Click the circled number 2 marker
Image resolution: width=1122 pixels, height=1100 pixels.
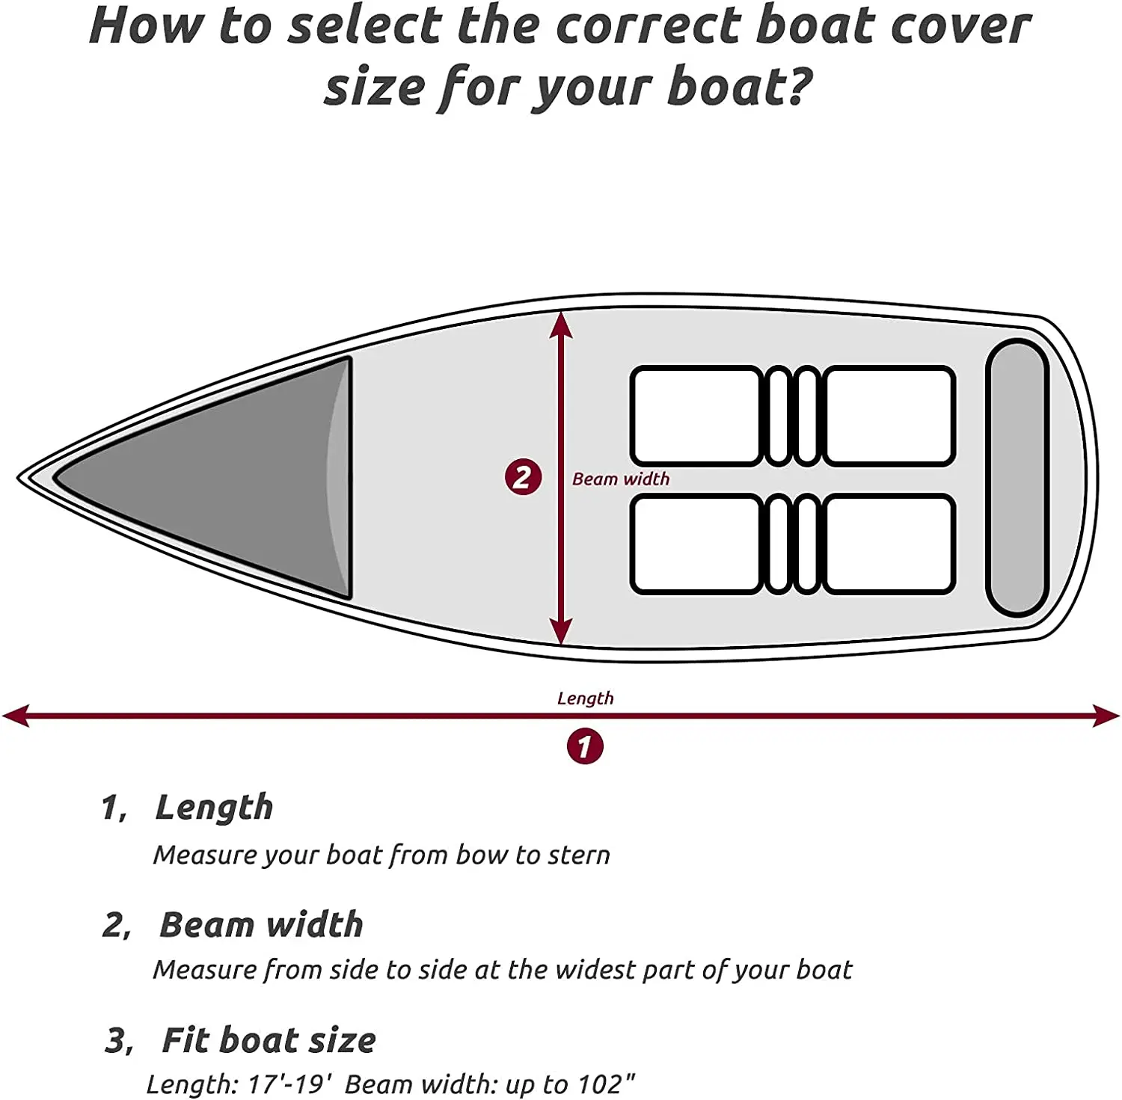point(523,477)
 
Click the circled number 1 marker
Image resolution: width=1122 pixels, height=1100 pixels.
point(584,746)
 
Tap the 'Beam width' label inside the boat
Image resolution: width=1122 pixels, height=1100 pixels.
point(621,479)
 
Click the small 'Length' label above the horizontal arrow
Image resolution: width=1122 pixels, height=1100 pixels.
point(585,698)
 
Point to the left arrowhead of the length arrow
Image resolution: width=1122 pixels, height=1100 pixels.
point(15,716)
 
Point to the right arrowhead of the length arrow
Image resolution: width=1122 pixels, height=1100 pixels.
point(1107,716)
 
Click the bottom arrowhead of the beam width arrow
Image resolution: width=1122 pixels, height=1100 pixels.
point(561,632)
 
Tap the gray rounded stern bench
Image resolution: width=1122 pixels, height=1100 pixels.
point(1017,477)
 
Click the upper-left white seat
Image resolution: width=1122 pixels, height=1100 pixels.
point(696,416)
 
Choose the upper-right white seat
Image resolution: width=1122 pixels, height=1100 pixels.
point(889,416)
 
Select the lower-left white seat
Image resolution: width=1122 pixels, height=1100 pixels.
point(696,544)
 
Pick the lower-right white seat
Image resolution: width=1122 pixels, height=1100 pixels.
point(889,544)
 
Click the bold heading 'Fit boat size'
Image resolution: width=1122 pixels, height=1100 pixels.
point(269,1040)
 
